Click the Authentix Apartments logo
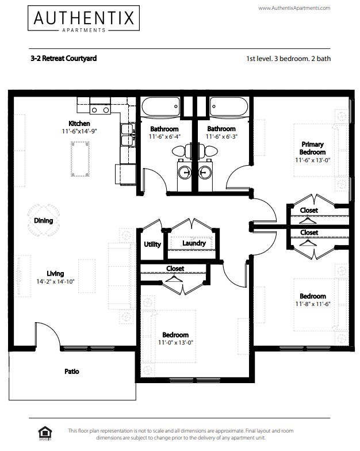[84, 20]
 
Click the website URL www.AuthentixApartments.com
[294, 8]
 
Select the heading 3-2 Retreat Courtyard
[63, 58]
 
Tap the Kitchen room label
[79, 124]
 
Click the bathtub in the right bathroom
[229, 107]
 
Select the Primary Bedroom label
[312, 148]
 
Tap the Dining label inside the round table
[43, 220]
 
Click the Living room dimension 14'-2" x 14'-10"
[55, 281]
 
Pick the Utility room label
[152, 244]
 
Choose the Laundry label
[194, 243]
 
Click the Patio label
[71, 371]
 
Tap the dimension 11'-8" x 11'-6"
[312, 304]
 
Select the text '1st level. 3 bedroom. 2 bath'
[288, 58]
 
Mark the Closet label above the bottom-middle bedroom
[175, 268]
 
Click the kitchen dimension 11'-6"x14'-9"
[79, 131]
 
